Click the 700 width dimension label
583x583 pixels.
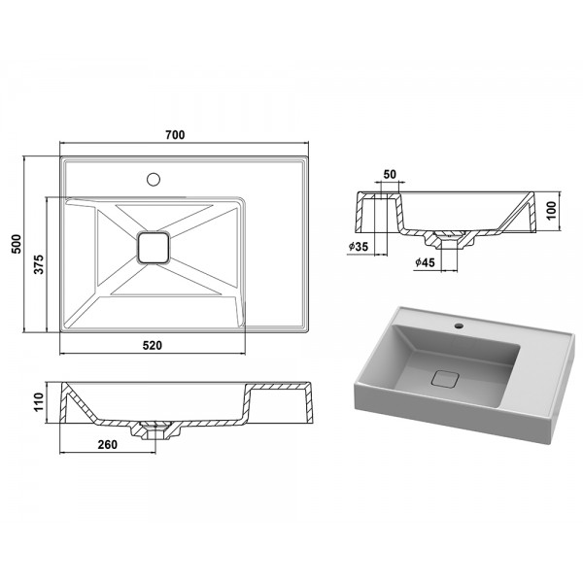click(x=175, y=135)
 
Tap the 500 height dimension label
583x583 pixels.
click(x=17, y=244)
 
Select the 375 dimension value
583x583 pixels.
click(x=39, y=264)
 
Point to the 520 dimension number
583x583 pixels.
click(x=153, y=345)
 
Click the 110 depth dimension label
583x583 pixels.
click(x=39, y=402)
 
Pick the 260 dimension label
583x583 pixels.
click(x=108, y=444)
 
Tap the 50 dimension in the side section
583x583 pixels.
click(x=390, y=174)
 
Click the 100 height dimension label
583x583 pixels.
click(x=552, y=211)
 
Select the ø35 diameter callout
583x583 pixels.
click(x=359, y=246)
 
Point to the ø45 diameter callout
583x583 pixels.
click(x=425, y=262)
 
